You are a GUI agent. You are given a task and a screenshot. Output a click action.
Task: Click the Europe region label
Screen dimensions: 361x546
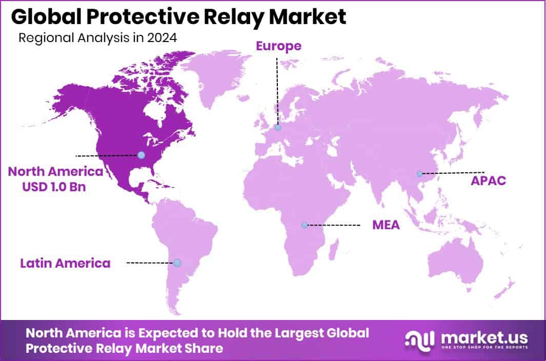pos(278,47)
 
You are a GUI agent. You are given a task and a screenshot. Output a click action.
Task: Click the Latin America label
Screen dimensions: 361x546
pos(65,264)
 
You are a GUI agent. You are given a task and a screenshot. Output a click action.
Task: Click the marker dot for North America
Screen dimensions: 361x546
pos(141,155)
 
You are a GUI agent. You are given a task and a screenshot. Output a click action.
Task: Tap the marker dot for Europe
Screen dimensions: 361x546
pos(277,127)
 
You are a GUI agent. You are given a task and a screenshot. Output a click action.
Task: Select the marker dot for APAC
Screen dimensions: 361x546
pos(419,173)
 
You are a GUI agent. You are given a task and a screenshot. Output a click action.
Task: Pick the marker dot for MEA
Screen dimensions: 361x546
pos(304,225)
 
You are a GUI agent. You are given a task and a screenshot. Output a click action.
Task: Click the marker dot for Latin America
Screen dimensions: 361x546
pos(177,263)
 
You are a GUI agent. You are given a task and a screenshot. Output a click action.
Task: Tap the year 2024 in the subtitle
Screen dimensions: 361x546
pos(161,38)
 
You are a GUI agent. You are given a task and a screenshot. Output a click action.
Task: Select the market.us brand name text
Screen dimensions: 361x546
pos(482,336)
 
